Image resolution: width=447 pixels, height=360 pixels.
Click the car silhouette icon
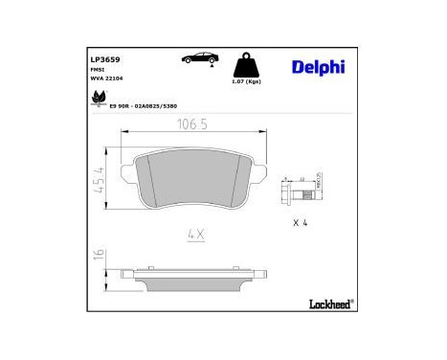click(x=199, y=60)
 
